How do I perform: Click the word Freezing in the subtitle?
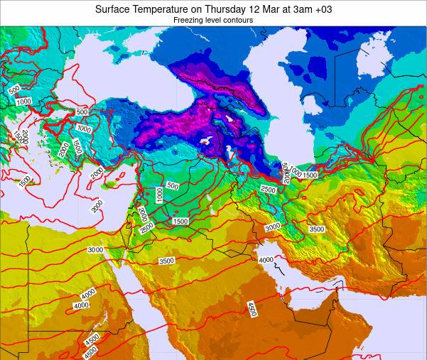pyautogui.click(x=189, y=21)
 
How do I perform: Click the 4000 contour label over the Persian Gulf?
pyautogui.click(x=266, y=260)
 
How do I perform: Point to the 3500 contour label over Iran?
pyautogui.click(x=317, y=229)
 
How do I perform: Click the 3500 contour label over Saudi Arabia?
pyautogui.click(x=167, y=261)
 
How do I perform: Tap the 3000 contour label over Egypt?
pyautogui.click(x=96, y=249)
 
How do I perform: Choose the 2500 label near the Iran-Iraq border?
pyautogui.click(x=268, y=190)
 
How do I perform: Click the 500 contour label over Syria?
pyautogui.click(x=172, y=186)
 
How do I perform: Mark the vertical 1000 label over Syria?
pyautogui.click(x=160, y=195)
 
